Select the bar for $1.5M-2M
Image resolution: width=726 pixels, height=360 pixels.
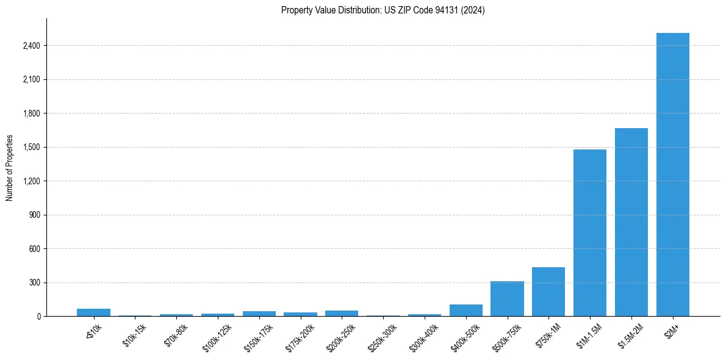point(631,222)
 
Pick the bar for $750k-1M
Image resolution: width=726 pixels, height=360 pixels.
point(548,292)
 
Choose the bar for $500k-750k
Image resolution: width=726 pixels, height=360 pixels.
point(507,299)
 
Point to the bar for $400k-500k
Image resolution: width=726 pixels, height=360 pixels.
point(465,311)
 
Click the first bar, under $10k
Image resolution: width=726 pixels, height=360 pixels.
point(93,312)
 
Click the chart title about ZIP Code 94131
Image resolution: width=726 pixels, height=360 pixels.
point(383,10)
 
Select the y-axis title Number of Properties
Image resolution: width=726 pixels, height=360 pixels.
point(10,168)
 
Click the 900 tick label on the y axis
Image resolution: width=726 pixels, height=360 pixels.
point(33,215)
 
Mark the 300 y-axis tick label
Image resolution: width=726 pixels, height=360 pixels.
point(33,283)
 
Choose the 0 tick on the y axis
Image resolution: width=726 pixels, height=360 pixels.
point(38,317)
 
